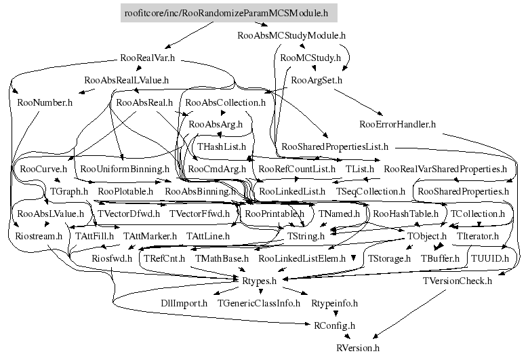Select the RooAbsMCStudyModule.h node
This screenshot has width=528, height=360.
pos(292,35)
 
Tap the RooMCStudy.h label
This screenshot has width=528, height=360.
pos(310,58)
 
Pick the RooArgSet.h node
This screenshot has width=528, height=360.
pos(317,80)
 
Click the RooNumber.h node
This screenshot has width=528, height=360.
pos(45,102)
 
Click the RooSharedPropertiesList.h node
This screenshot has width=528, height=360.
pos(335,146)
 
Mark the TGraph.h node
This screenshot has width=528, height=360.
pos(70,191)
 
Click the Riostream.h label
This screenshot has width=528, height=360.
pos(39,236)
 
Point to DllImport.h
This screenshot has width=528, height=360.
pos(184,302)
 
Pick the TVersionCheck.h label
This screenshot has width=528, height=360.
pos(458,280)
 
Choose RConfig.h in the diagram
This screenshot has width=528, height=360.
pos(333,325)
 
